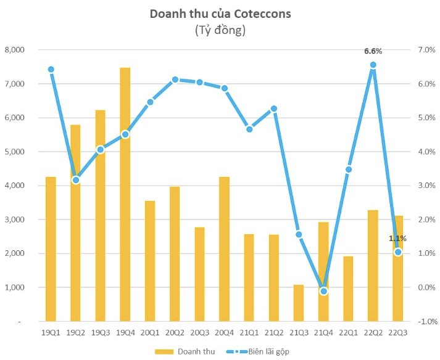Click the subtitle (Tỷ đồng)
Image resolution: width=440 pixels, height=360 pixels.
tap(220, 30)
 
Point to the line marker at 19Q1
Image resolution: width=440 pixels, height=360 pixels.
tap(51, 70)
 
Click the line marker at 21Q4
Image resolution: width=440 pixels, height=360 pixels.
tap(323, 291)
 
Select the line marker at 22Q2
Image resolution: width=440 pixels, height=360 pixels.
tap(373, 65)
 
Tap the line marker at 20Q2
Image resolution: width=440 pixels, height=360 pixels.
tap(175, 80)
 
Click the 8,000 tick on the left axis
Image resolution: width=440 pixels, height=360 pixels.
tap(14, 50)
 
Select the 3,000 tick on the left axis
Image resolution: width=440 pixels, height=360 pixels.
tap(14, 220)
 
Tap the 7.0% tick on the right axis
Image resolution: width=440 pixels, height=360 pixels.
tap(427, 50)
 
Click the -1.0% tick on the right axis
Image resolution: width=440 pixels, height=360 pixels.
tap(427, 322)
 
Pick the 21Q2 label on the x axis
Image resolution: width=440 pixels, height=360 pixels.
tap(273, 333)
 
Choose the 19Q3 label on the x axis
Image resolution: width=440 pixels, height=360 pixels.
tap(100, 333)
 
